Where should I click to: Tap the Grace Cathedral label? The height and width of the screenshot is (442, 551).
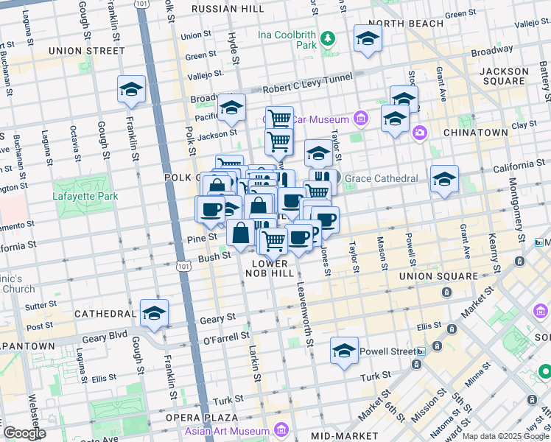[x=382, y=178]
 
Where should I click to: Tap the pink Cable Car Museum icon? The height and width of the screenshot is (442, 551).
[x=360, y=118]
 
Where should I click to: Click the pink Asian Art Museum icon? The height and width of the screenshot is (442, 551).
[x=280, y=429]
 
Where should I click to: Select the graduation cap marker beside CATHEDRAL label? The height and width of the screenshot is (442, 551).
[x=154, y=313]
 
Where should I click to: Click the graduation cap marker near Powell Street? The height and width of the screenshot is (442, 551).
[x=343, y=351]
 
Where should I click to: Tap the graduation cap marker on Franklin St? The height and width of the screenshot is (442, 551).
[x=131, y=89]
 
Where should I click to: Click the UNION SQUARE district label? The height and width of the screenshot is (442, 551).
[x=438, y=276]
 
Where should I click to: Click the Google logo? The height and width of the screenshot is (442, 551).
[x=24, y=433]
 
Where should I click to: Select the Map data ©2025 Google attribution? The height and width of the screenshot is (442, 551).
[x=505, y=436]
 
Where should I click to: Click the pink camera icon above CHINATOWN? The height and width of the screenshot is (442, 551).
[x=419, y=133]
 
